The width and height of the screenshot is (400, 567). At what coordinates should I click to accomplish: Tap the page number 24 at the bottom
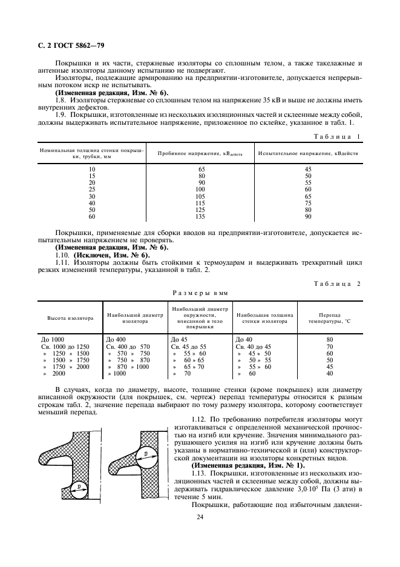pos(199,517)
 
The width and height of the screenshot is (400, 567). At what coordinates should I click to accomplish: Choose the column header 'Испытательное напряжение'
pos(307,154)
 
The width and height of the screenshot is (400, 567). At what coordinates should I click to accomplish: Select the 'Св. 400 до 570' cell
pos(127,346)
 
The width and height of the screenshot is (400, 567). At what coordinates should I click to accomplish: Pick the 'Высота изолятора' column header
pos(70,318)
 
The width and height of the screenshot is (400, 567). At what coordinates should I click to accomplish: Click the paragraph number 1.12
pos(198,419)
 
